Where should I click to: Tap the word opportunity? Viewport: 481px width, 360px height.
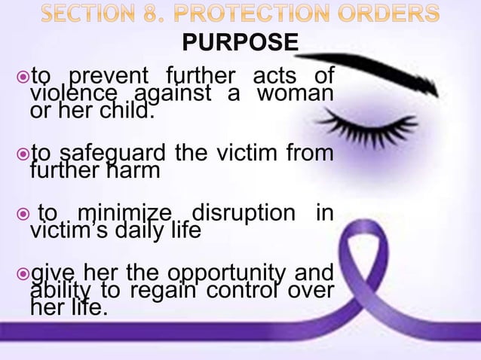tap(225, 274)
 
